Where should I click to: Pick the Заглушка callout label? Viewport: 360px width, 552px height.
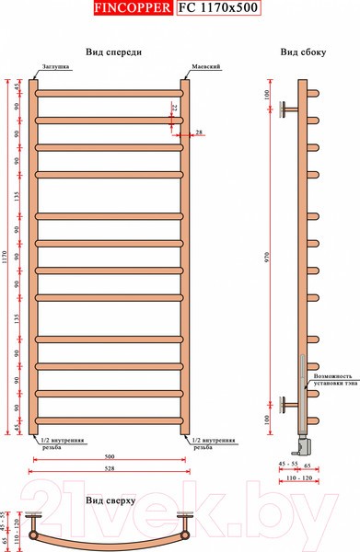coord(52,68)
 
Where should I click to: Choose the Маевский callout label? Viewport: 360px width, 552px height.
coord(204,68)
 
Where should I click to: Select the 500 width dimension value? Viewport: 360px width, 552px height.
coord(111,455)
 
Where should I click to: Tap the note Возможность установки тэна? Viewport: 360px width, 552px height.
coord(331,381)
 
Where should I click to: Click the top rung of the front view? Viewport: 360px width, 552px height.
coord(110,91)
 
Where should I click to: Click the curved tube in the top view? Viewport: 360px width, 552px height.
coord(110,536)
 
